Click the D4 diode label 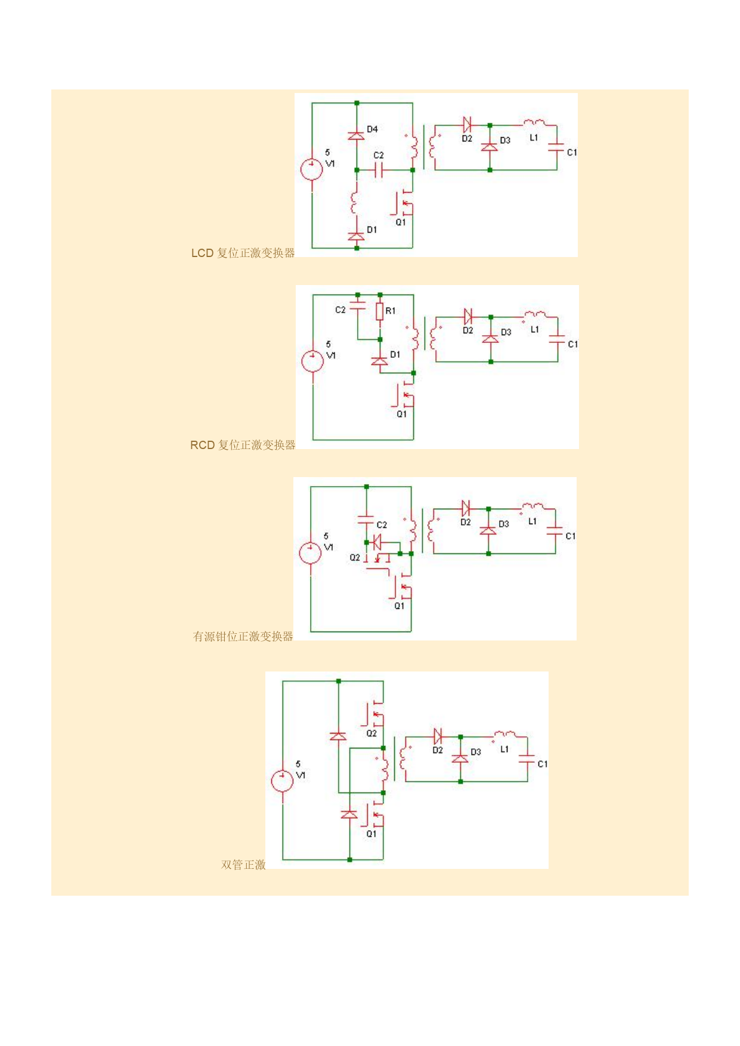click(x=372, y=129)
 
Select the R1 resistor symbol click(x=380, y=311)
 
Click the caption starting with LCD click(x=243, y=253)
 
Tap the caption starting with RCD click(x=243, y=445)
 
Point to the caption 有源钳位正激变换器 click(x=243, y=636)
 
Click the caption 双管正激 click(x=243, y=865)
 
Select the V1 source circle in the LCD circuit click(x=312, y=169)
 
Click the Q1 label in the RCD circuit click(x=402, y=414)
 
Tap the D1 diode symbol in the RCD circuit click(x=380, y=361)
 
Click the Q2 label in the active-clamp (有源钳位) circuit click(x=355, y=558)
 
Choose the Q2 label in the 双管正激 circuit click(x=371, y=734)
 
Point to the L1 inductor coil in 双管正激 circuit click(x=504, y=735)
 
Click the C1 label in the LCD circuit click(x=572, y=153)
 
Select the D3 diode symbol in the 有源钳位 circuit click(x=488, y=531)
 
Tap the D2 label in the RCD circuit click(x=468, y=330)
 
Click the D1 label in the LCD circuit click(x=372, y=230)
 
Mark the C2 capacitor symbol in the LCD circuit click(x=379, y=171)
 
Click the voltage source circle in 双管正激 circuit click(x=282, y=781)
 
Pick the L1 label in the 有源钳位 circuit click(x=532, y=521)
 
